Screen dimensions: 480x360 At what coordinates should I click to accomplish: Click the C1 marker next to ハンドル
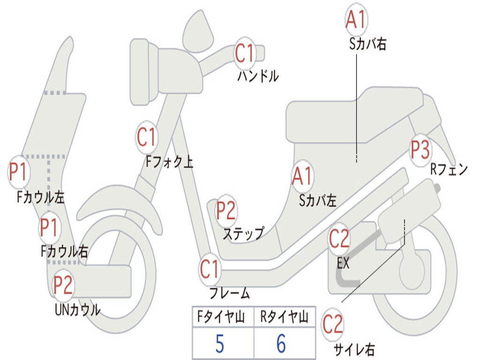tap(244, 53)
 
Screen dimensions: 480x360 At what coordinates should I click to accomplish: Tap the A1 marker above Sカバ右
tap(355, 19)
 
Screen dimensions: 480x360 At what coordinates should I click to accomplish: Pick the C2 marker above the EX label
tap(339, 239)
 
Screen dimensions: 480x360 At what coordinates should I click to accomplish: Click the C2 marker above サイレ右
tap(333, 325)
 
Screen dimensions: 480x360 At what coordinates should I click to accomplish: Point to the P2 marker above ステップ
tap(226, 210)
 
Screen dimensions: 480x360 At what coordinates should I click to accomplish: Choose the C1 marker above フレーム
tap(210, 270)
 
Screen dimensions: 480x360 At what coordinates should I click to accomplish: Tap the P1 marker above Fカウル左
tap(19, 172)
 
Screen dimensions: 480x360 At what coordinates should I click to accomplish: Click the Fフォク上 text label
tap(169, 162)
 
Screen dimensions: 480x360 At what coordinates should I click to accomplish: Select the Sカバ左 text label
tap(318, 200)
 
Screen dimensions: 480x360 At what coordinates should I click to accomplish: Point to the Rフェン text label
tap(449, 170)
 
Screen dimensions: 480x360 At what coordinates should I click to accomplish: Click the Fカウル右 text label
tap(64, 252)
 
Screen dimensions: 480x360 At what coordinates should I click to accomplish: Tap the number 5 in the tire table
tap(219, 344)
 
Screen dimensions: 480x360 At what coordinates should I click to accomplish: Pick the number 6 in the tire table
tap(281, 344)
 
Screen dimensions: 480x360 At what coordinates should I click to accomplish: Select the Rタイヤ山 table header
tap(284, 318)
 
